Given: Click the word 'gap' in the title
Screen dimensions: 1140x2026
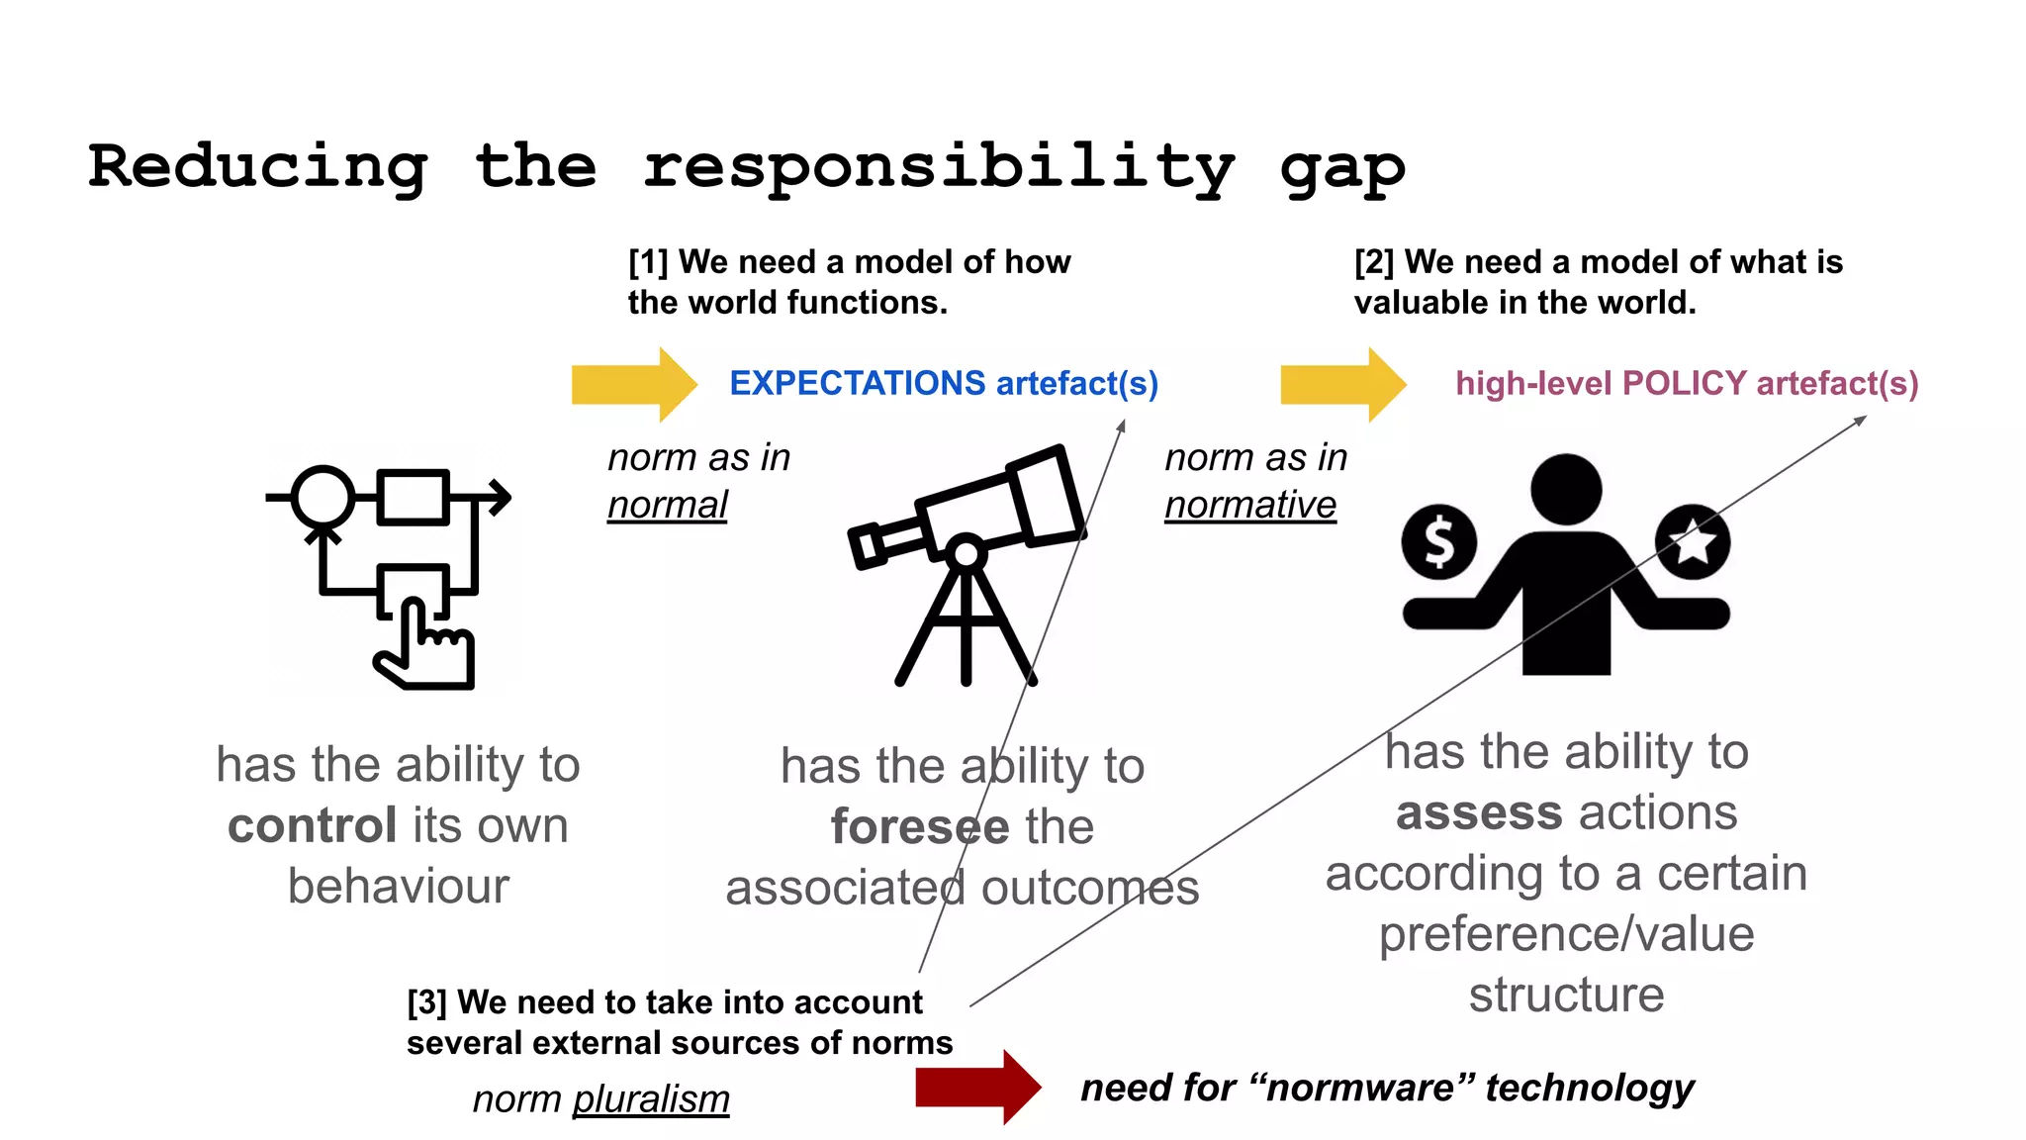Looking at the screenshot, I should tap(1341, 168).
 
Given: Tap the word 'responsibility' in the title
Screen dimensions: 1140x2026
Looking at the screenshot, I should tap(938, 168).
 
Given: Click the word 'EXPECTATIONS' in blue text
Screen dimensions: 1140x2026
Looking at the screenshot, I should tap(857, 383).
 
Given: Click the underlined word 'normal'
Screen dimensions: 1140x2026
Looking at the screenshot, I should tap(667, 505).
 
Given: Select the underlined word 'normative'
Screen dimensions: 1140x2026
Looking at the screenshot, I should tap(1249, 505).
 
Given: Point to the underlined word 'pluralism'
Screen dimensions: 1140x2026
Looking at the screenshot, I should tap(651, 1098).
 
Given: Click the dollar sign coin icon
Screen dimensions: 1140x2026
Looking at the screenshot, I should tap(1439, 541).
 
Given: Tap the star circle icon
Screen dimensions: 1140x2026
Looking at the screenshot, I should tap(1693, 541).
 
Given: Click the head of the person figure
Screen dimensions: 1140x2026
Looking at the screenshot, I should tap(1566, 489).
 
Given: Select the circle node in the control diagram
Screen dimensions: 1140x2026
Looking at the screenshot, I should tap(322, 497).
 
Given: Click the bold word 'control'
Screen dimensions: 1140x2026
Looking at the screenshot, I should tap(313, 825).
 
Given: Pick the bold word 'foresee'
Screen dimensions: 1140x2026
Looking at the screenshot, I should tap(920, 826).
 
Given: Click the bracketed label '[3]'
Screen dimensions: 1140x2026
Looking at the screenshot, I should tap(426, 1002).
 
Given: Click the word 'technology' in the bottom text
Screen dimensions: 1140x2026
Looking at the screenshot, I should tap(1590, 1088).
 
